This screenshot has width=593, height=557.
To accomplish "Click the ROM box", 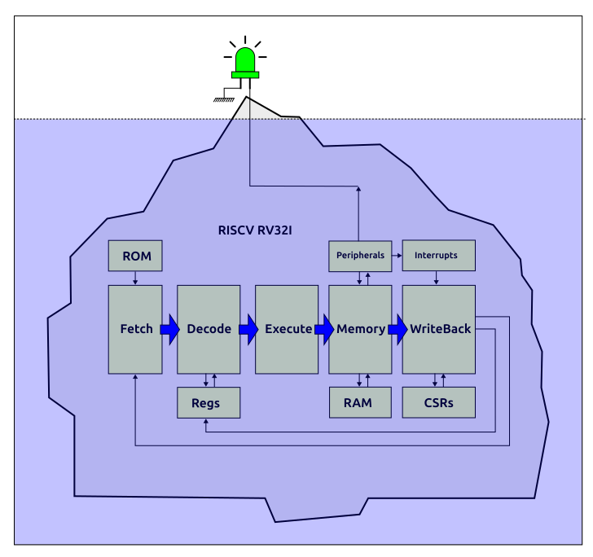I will (x=135, y=256).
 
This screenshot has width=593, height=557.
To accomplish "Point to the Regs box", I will (x=209, y=402).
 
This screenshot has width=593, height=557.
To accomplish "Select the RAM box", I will (x=359, y=402).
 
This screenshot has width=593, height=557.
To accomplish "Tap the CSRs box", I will (x=438, y=402).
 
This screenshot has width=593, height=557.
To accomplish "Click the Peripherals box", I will (x=359, y=256).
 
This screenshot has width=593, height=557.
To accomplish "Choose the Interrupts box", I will (x=438, y=256).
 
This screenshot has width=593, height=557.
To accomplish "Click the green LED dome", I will (x=244, y=59).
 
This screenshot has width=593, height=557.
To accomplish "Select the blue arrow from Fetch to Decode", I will (x=169, y=330).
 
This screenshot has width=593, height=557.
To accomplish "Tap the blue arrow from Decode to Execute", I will (x=248, y=330).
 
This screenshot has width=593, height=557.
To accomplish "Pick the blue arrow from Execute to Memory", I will (x=324, y=330).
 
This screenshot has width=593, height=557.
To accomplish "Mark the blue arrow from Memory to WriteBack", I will (x=398, y=330).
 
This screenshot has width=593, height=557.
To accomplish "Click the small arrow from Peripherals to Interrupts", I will (x=397, y=256).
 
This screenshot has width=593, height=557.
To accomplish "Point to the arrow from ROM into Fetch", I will (x=135, y=278).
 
